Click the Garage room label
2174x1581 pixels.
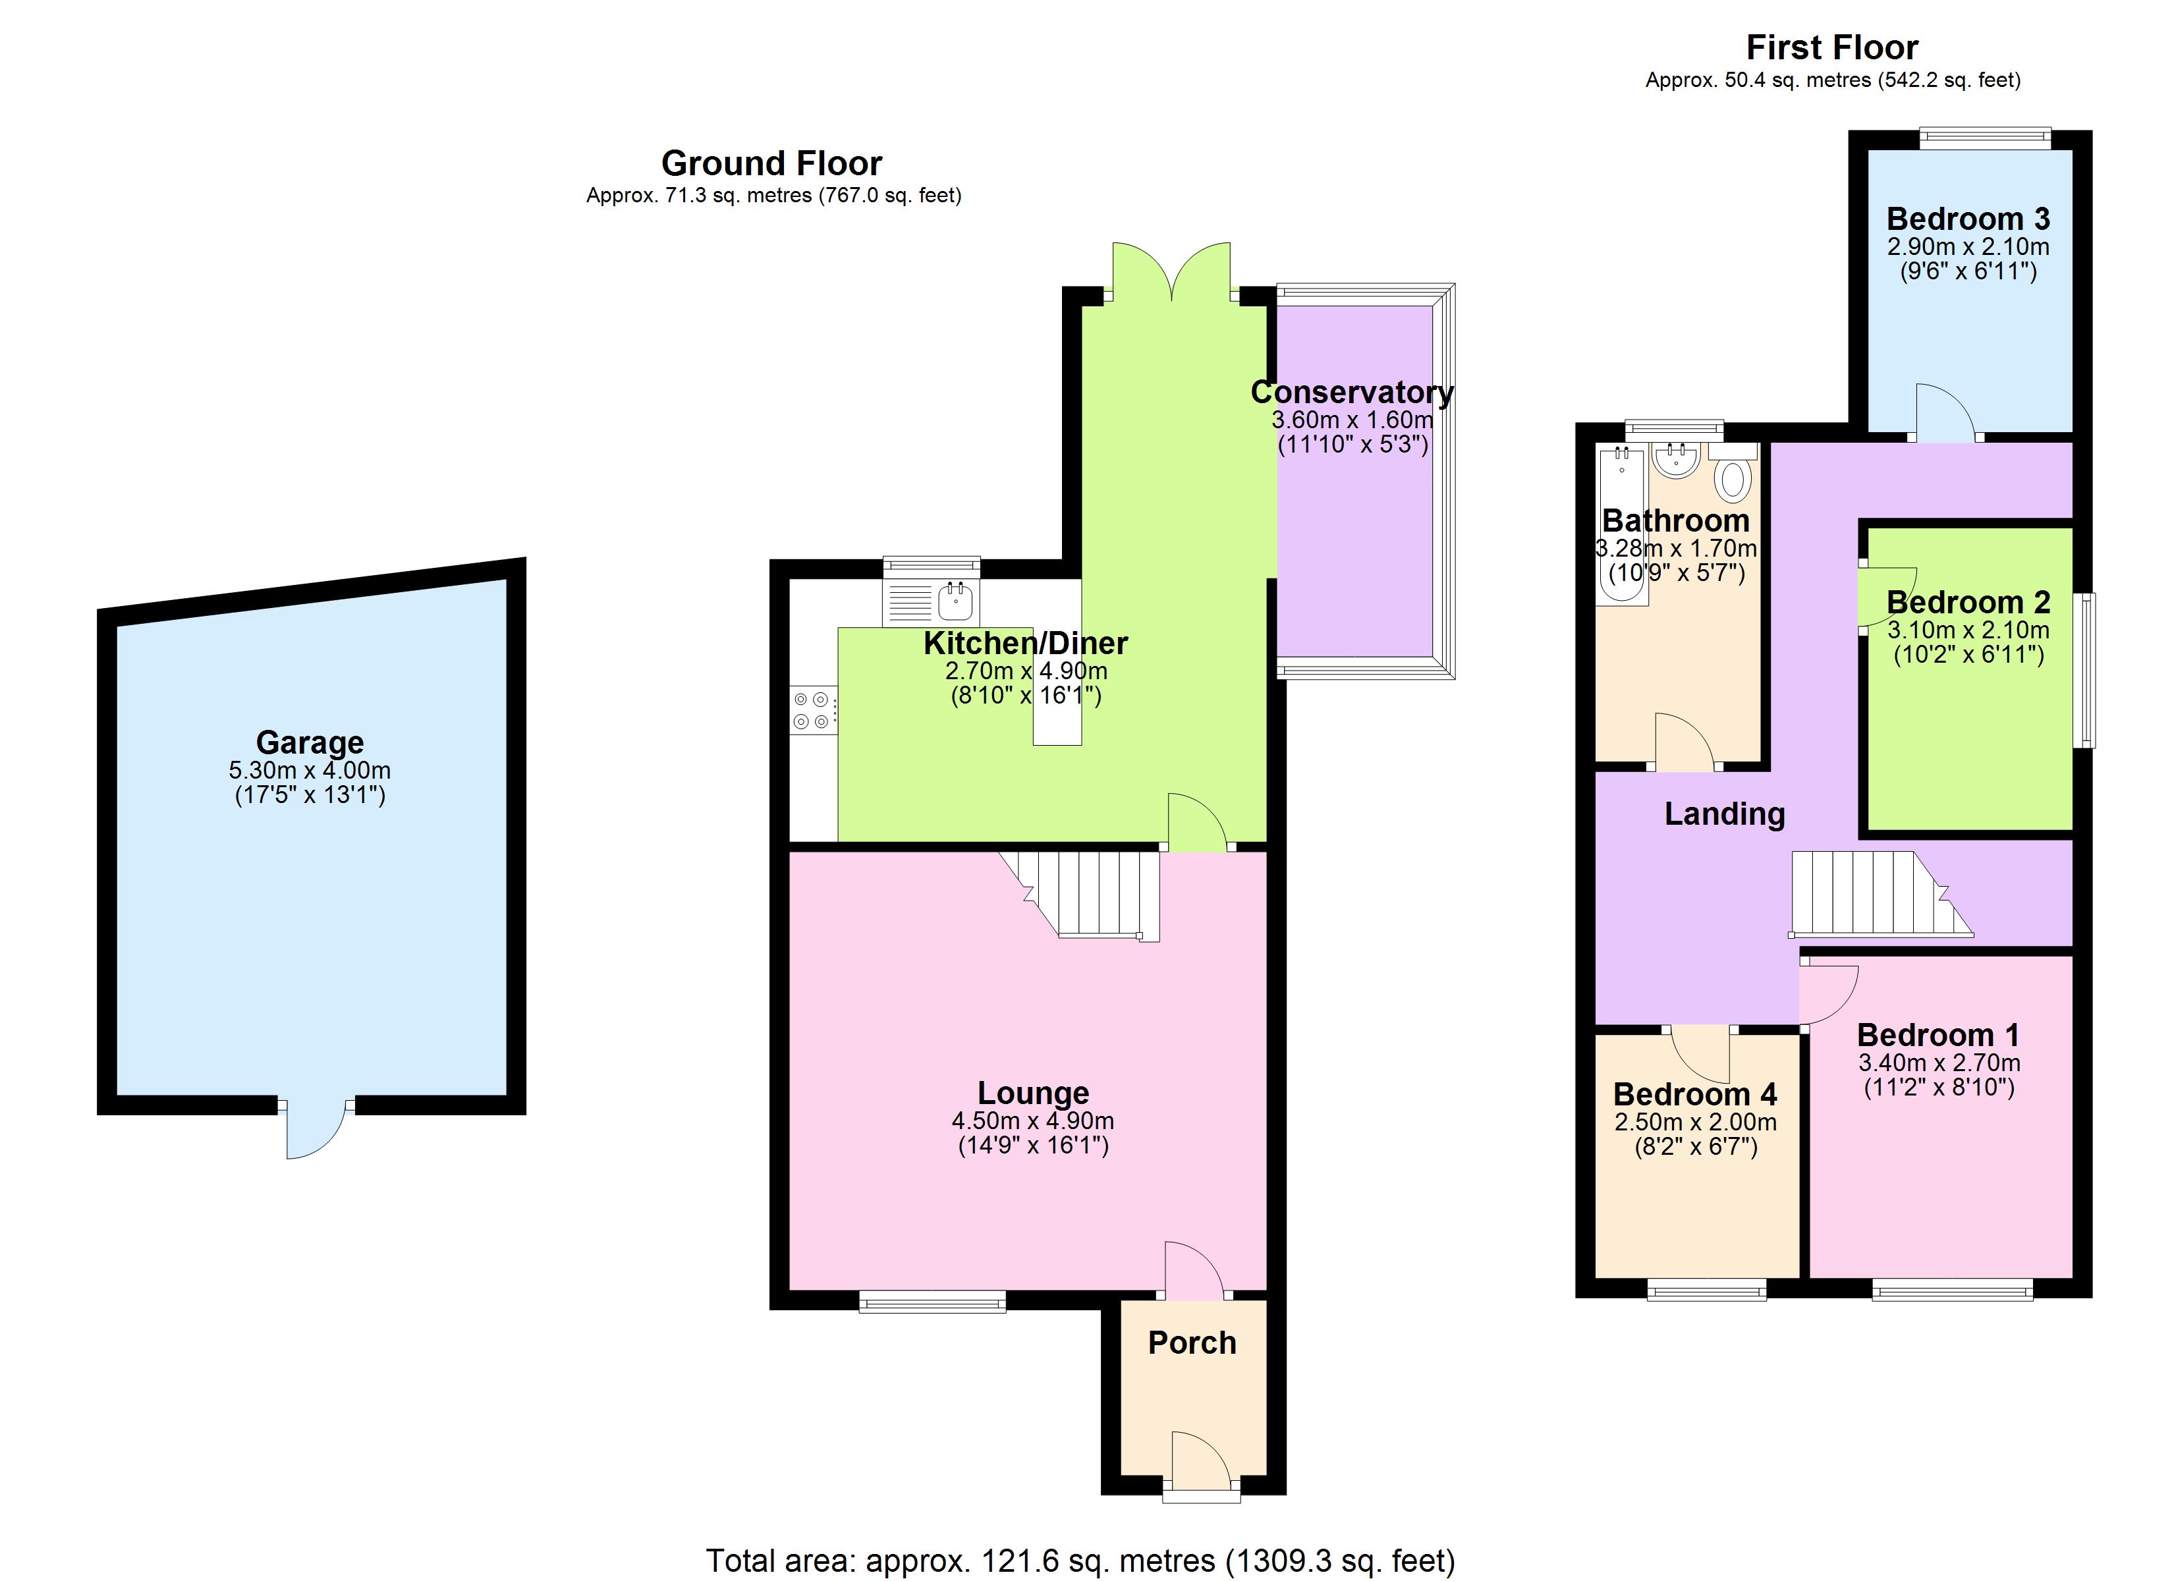coord(310,742)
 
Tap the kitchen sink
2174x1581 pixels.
coord(957,602)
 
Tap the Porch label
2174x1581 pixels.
coord(1192,1343)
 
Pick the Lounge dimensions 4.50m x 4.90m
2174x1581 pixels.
coord(1032,1120)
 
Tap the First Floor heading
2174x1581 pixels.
coord(1832,47)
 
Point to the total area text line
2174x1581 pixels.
coord(1080,1561)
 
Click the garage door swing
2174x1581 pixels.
coord(314,1131)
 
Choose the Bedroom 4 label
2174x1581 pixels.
coord(1694,1094)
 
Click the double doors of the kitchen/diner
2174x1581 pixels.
coord(1171,273)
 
